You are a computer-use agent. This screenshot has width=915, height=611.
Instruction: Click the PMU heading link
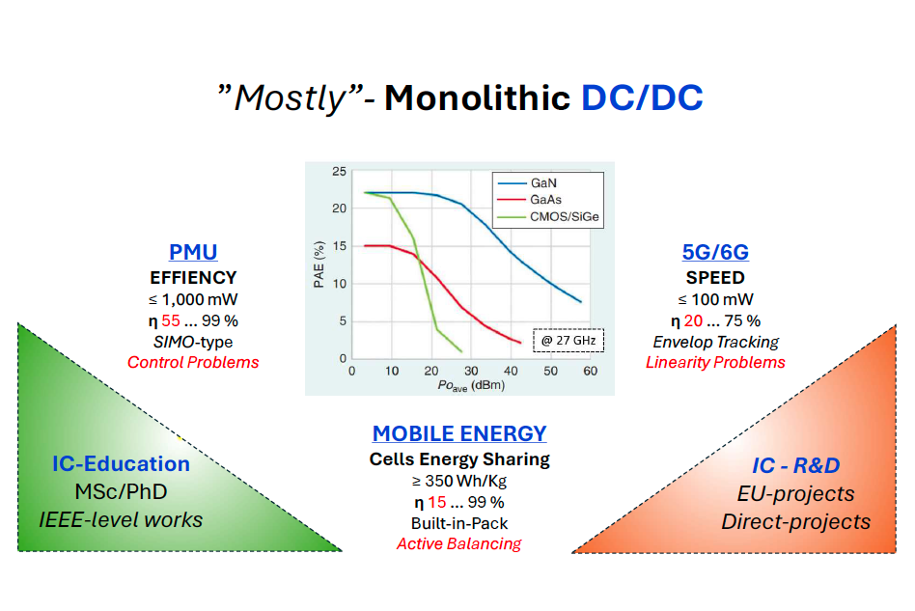point(193,252)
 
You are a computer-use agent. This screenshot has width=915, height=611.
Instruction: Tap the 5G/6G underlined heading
point(715,252)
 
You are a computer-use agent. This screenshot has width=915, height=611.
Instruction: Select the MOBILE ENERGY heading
point(459,433)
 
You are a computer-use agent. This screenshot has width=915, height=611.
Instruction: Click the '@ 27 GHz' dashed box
point(568,340)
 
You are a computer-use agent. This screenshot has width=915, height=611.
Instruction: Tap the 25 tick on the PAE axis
point(339,172)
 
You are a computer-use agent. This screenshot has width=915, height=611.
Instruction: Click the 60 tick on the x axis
point(590,372)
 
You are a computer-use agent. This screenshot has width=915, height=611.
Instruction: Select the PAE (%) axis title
point(319,264)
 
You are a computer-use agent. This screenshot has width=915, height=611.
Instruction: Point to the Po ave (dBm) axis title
point(471,386)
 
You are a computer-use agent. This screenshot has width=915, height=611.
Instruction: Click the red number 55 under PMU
point(171,321)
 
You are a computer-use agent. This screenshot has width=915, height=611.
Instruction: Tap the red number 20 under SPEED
point(693,321)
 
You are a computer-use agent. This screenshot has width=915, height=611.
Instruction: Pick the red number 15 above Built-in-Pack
point(437,503)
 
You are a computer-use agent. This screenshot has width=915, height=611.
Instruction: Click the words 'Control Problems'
point(193,362)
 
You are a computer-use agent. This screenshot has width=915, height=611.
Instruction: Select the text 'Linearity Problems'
point(715,362)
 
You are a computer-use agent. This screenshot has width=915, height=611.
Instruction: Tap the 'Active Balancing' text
point(459,543)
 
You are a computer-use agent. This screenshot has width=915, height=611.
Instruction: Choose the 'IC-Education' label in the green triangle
point(122,464)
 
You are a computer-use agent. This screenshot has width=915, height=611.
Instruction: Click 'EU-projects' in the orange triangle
point(796,494)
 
